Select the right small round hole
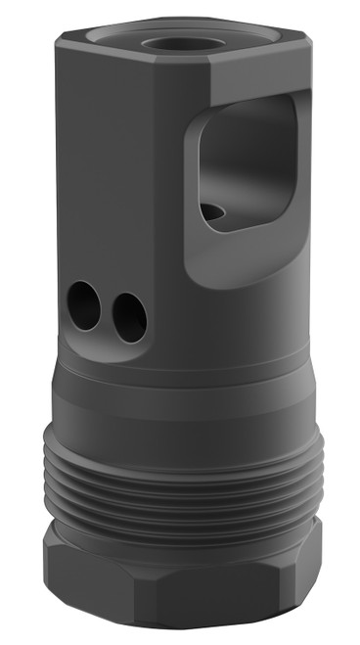coord(129,315)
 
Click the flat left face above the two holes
coord(108,176)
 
